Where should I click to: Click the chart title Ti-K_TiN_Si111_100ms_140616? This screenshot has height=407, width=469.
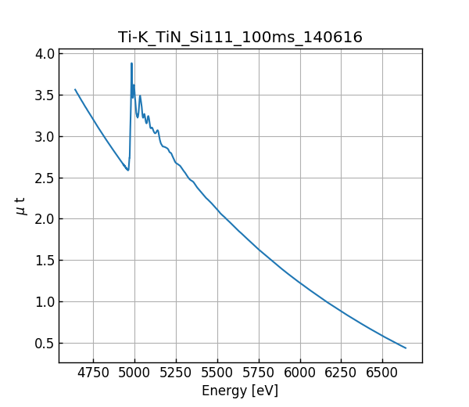(240, 38)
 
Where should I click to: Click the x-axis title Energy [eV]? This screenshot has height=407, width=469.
(240, 391)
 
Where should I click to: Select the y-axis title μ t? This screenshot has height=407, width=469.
(20, 206)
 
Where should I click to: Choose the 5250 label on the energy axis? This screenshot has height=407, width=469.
(176, 373)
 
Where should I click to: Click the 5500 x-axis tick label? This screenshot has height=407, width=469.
(217, 373)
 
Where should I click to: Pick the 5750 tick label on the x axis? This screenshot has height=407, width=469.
(259, 373)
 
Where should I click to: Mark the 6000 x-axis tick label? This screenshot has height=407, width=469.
(300, 373)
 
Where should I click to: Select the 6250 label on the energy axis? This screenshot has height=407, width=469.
(342, 373)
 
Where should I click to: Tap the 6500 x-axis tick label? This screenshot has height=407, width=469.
(382, 373)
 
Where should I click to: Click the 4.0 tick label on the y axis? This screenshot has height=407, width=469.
(45, 54)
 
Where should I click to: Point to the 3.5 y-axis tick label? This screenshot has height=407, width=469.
(45, 95)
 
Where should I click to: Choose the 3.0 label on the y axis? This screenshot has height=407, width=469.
(45, 137)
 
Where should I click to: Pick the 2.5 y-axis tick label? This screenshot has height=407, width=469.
(45, 178)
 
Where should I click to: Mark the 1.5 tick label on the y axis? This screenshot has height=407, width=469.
(45, 261)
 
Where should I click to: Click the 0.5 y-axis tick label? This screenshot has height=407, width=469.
(45, 344)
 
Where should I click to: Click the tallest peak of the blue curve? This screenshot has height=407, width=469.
(131, 63)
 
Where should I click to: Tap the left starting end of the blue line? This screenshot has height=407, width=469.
(75, 89)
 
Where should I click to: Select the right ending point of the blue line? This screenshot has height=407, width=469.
(406, 348)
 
